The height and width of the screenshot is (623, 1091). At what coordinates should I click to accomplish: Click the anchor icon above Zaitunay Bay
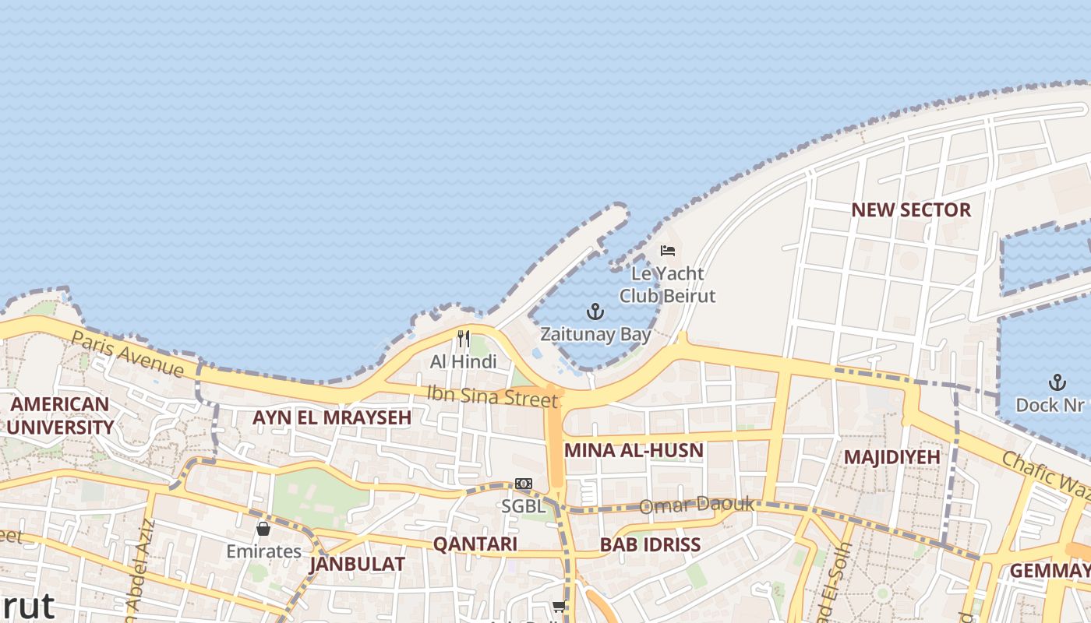[595, 312]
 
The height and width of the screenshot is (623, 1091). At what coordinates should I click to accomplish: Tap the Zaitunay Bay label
[596, 335]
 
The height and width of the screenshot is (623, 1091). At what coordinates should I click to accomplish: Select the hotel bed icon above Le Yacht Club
[668, 251]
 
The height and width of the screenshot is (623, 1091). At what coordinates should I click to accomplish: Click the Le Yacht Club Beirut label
[667, 285]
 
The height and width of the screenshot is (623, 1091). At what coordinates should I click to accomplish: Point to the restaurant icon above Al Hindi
[464, 339]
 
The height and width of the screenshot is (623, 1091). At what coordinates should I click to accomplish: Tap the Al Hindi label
[463, 361]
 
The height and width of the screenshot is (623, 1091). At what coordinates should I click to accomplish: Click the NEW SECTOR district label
[911, 210]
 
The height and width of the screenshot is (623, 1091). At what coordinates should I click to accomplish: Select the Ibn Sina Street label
[493, 396]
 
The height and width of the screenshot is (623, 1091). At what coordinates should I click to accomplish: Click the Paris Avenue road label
[128, 354]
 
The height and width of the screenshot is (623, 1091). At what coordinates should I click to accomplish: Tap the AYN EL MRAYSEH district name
[332, 417]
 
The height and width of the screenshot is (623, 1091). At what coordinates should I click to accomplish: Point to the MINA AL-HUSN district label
[634, 450]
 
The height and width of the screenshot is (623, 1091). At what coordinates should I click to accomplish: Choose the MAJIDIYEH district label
[892, 456]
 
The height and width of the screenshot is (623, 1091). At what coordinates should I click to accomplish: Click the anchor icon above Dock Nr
[1057, 382]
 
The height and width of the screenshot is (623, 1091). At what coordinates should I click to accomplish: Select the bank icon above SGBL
[524, 484]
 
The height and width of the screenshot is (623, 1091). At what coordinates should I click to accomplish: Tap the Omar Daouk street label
[697, 505]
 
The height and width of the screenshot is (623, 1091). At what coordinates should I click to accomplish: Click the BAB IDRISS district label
[650, 545]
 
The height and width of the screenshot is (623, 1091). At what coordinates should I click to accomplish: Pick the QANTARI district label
[475, 544]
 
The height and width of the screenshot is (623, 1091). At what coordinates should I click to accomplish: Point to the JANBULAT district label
[357, 564]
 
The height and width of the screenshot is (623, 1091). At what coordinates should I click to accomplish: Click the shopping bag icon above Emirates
[263, 529]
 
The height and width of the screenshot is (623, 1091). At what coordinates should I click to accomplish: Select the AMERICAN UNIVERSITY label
[60, 416]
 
